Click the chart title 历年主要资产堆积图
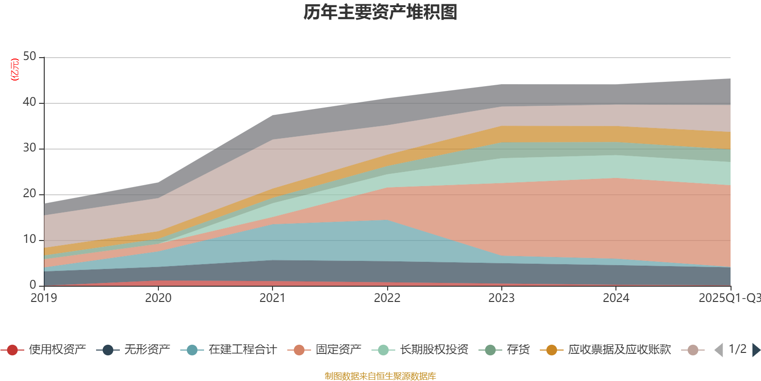(380, 12)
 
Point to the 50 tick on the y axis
(29, 57)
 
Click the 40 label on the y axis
(29, 102)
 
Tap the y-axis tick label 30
(29, 148)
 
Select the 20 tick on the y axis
(29, 194)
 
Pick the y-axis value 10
(29, 240)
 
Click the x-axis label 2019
(44, 298)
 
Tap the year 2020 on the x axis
(158, 298)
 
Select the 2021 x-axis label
(273, 298)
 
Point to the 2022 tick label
(387, 298)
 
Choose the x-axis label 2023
(501, 298)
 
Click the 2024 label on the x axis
(616, 298)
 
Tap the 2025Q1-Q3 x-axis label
(729, 298)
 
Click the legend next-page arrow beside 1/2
(756, 350)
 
